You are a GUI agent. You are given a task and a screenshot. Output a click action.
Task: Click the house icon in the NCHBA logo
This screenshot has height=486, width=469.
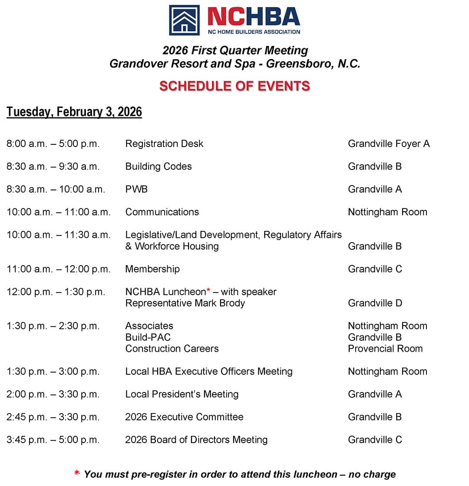tap(184, 20)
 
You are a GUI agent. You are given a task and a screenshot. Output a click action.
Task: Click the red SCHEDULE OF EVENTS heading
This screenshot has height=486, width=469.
tap(234, 86)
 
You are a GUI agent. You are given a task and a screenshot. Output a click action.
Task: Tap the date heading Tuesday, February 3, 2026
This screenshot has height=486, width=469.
tap(74, 112)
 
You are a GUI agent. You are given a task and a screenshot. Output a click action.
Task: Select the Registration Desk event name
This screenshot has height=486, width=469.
tap(164, 144)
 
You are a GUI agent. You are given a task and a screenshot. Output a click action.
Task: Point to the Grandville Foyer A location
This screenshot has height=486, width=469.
tap(389, 144)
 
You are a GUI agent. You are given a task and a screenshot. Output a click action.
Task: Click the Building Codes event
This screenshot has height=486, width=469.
tap(159, 166)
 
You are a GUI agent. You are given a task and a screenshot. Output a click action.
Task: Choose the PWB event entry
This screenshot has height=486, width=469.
tap(136, 189)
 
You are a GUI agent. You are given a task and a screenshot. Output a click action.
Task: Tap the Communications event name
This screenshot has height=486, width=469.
tap(162, 212)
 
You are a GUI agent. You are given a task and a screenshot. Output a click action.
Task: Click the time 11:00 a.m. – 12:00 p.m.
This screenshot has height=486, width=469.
tap(59, 269)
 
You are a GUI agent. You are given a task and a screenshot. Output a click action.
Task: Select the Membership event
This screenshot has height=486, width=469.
tap(152, 269)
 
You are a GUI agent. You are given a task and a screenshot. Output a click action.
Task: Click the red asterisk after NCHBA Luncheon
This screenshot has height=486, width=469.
tap(208, 291)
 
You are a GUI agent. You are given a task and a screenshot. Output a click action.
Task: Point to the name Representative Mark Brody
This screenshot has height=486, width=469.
tap(185, 303)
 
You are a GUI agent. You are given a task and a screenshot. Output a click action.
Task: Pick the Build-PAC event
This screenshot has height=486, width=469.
tap(148, 337)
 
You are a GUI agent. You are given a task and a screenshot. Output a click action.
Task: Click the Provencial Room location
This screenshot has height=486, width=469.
tap(385, 349)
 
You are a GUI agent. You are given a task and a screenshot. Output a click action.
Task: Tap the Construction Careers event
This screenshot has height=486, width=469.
tap(172, 349)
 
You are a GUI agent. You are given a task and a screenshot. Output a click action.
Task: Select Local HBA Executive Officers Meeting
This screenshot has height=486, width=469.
tap(209, 372)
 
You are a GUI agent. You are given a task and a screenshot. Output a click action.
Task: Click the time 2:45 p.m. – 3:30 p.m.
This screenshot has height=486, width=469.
tap(53, 417)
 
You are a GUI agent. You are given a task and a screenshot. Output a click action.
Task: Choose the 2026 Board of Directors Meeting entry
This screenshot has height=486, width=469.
tap(196, 440)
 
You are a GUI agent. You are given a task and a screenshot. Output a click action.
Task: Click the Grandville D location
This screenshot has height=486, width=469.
tap(375, 303)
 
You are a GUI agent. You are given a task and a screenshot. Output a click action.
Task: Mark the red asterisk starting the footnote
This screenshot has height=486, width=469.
tap(77, 473)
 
